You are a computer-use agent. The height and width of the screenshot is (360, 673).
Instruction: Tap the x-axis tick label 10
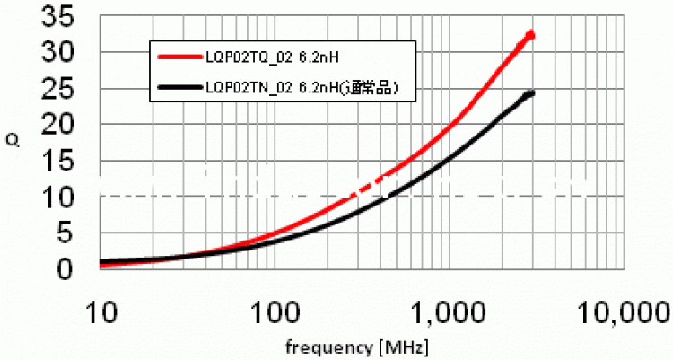point(101,312)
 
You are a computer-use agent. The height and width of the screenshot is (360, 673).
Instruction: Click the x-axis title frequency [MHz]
point(357,347)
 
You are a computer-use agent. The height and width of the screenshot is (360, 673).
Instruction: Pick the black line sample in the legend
point(179,87)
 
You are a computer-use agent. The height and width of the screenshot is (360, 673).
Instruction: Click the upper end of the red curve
point(531,34)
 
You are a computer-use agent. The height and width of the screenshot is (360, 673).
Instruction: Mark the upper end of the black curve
point(531,93)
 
